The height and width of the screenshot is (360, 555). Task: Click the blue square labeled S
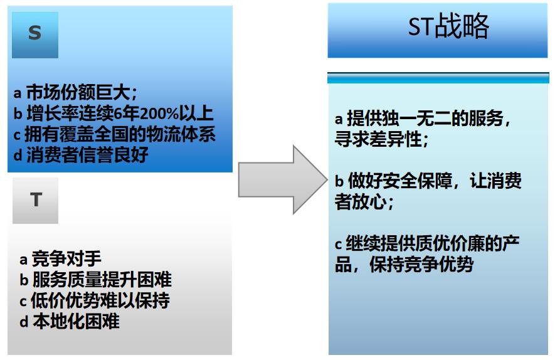[35, 34]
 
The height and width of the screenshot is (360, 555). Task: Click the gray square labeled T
[35, 200]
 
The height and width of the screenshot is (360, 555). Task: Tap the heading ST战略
[448, 26]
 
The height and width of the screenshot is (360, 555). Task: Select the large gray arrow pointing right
[283, 179]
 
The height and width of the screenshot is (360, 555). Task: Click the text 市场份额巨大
[78, 92]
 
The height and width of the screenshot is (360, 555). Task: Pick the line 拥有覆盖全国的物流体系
[120, 134]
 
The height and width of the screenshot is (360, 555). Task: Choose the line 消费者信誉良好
[87, 155]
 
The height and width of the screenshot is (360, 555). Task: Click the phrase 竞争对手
[66, 259]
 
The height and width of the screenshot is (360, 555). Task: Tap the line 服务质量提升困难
[102, 280]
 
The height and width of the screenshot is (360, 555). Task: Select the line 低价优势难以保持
[100, 300]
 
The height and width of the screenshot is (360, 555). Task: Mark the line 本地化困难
[76, 321]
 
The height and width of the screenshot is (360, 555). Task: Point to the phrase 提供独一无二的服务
[425, 118]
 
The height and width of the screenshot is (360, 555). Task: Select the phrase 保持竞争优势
[421, 264]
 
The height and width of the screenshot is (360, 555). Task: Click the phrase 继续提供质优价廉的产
[433, 243]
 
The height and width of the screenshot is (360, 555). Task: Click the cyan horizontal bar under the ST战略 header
[438, 78]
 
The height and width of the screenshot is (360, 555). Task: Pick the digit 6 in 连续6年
[119, 114]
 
